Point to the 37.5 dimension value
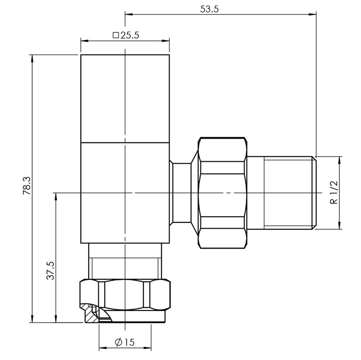click(x=50, y=270)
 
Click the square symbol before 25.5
click(x=116, y=36)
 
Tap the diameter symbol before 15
click(x=119, y=342)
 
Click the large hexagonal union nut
click(x=223, y=192)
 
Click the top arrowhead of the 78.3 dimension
click(x=33, y=57)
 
